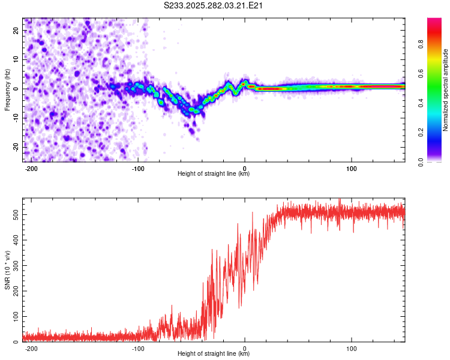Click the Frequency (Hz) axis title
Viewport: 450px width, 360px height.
pyautogui.click(x=7, y=89)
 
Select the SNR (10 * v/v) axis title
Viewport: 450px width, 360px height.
pyautogui.click(x=7, y=269)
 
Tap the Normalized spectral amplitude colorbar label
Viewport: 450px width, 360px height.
pyautogui.click(x=446, y=89)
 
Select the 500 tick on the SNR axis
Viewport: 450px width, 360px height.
pyautogui.click(x=14, y=214)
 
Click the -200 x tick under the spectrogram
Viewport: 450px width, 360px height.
pyautogui.click(x=32, y=168)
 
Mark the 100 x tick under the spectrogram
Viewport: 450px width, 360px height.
pyautogui.click(x=351, y=168)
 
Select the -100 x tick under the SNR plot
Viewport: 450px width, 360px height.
pyautogui.click(x=138, y=348)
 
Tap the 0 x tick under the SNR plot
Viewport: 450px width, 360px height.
pyautogui.click(x=245, y=348)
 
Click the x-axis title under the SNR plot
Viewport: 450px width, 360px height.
pyautogui.click(x=214, y=354)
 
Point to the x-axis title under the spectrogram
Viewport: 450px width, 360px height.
pyautogui.click(x=214, y=174)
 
